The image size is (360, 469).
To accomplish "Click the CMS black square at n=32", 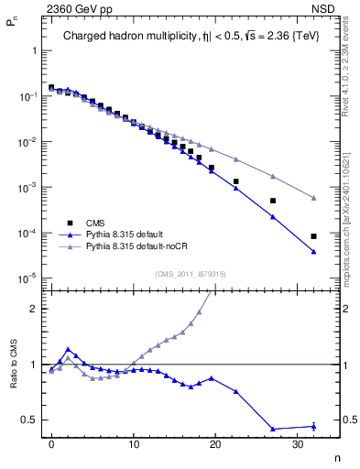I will pos(313,236).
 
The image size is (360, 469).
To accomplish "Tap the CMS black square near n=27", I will pos(272,201).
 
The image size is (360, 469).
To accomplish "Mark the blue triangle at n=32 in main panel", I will pos(313,252).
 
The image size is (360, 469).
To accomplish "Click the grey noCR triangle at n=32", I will pos(313,198).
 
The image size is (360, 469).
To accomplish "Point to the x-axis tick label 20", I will pos(215,444).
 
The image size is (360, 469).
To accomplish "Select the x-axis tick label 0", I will pos(51,444).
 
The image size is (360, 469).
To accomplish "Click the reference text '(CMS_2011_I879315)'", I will pos(190,274).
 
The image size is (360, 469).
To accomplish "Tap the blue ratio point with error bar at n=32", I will pos(313,426).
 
